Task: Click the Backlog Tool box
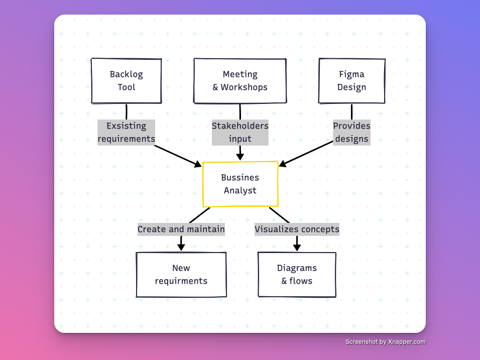pos(126,81)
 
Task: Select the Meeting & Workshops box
pos(240,81)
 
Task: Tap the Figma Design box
pos(351,81)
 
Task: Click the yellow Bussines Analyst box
pos(240,184)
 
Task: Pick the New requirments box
pos(181,274)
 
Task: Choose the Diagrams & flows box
pos(297,274)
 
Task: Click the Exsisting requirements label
pos(126,133)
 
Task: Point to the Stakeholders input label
pos(240,133)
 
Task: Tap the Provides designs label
pos(351,133)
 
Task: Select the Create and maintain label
pos(181,229)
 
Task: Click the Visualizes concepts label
pos(297,229)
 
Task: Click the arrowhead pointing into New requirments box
pos(181,247)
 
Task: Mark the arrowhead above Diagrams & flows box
pos(297,247)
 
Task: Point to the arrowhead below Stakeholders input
pos(240,156)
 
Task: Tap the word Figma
pos(351,74)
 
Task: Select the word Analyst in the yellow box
pos(240,191)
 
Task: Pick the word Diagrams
pos(297,268)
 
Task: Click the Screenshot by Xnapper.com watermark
pos(385,342)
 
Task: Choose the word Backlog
pos(126,74)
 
